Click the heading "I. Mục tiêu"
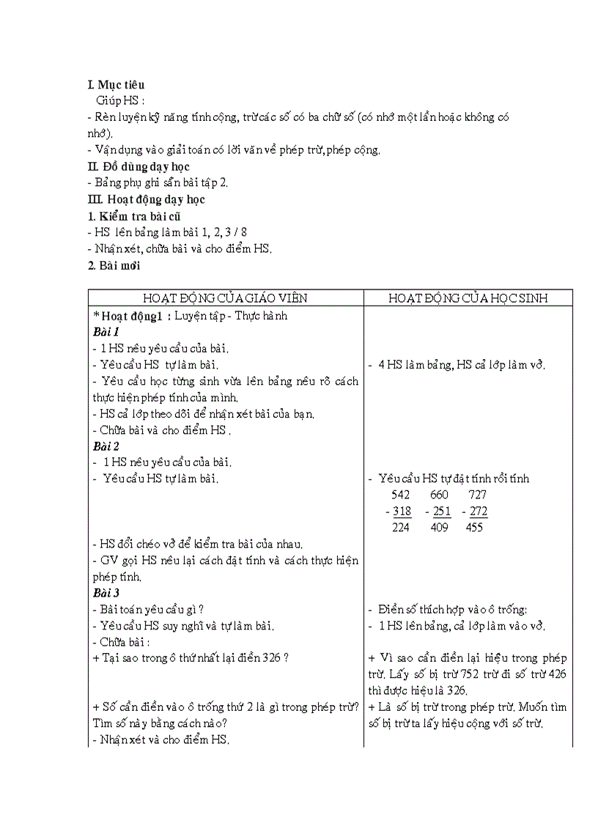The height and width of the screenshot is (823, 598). [x=116, y=85]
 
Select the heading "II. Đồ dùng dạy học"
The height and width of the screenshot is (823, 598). [x=139, y=167]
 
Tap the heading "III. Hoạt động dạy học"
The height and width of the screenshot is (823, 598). [x=146, y=199]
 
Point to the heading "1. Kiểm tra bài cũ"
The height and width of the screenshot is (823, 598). [x=134, y=216]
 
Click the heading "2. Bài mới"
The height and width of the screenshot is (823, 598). [x=114, y=266]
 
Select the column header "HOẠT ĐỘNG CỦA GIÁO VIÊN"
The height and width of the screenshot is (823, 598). [x=225, y=298]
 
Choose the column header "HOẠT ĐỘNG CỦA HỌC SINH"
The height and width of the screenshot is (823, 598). [x=468, y=298]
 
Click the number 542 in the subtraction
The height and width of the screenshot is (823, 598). [x=401, y=495]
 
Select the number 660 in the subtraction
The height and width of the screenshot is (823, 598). [x=439, y=495]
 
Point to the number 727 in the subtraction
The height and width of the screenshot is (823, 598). [x=477, y=495]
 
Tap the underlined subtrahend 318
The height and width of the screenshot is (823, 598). [x=402, y=512]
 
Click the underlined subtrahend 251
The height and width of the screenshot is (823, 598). [x=441, y=512]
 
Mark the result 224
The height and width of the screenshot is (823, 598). [x=401, y=528]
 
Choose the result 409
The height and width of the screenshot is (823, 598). [x=439, y=528]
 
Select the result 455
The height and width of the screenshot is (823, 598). [x=474, y=528]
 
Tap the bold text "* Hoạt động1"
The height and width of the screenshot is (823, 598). [x=127, y=316]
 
